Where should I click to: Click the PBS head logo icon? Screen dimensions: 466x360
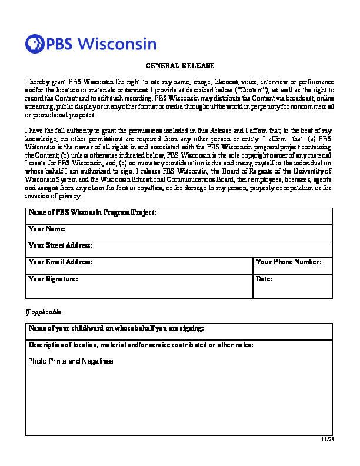click(34, 44)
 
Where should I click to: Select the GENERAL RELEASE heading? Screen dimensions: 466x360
click(179, 65)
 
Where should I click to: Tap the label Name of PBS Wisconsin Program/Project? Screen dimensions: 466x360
click(92, 212)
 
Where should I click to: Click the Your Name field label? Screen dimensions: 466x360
click(46, 229)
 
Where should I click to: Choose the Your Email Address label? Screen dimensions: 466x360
click(61, 262)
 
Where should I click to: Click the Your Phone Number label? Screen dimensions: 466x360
click(289, 262)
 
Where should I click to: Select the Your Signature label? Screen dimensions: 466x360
click(53, 278)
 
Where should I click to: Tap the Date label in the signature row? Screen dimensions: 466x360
click(265, 278)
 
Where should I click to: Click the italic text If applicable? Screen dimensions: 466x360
click(44, 311)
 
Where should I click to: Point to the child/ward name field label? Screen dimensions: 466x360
click(116, 328)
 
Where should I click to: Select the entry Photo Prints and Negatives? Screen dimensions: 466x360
click(71, 361)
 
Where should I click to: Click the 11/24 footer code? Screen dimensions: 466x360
click(327, 440)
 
